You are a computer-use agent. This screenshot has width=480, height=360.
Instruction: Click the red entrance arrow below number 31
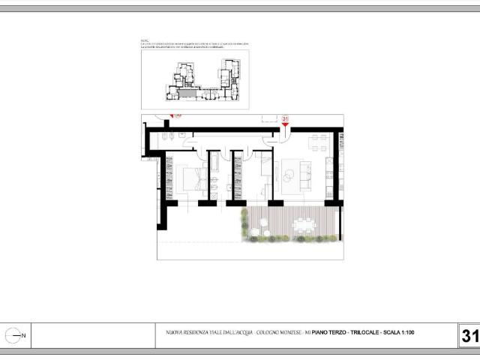click(x=285, y=126)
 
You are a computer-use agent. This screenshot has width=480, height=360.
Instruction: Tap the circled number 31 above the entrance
click(x=285, y=118)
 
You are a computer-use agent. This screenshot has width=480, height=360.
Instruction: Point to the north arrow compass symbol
click(x=13, y=336)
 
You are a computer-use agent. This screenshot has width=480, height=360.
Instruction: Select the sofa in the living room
click(x=306, y=174)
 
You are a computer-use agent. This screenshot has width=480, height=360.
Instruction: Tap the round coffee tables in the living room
click(x=289, y=175)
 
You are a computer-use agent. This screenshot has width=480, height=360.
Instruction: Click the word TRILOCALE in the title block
click(x=363, y=331)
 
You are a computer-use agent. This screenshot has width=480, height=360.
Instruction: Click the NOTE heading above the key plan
click(x=145, y=41)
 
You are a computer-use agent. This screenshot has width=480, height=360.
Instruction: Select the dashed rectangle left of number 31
click(x=269, y=118)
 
